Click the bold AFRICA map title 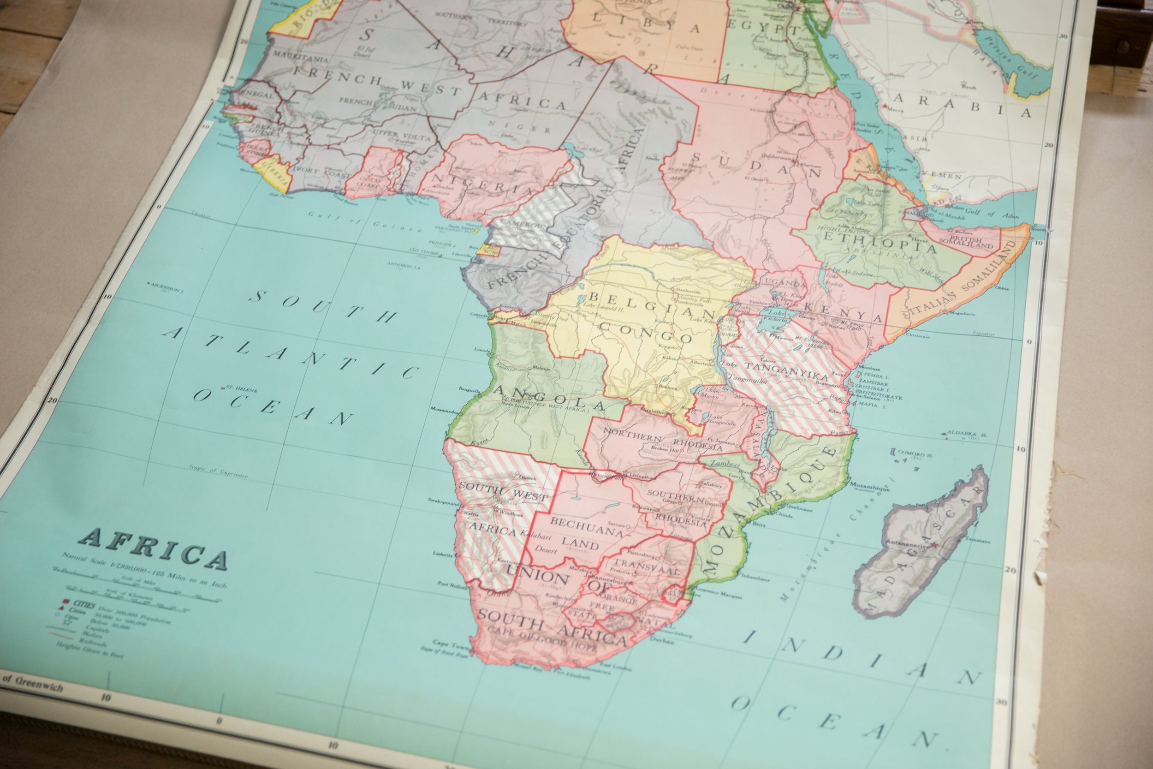point(154,550)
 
